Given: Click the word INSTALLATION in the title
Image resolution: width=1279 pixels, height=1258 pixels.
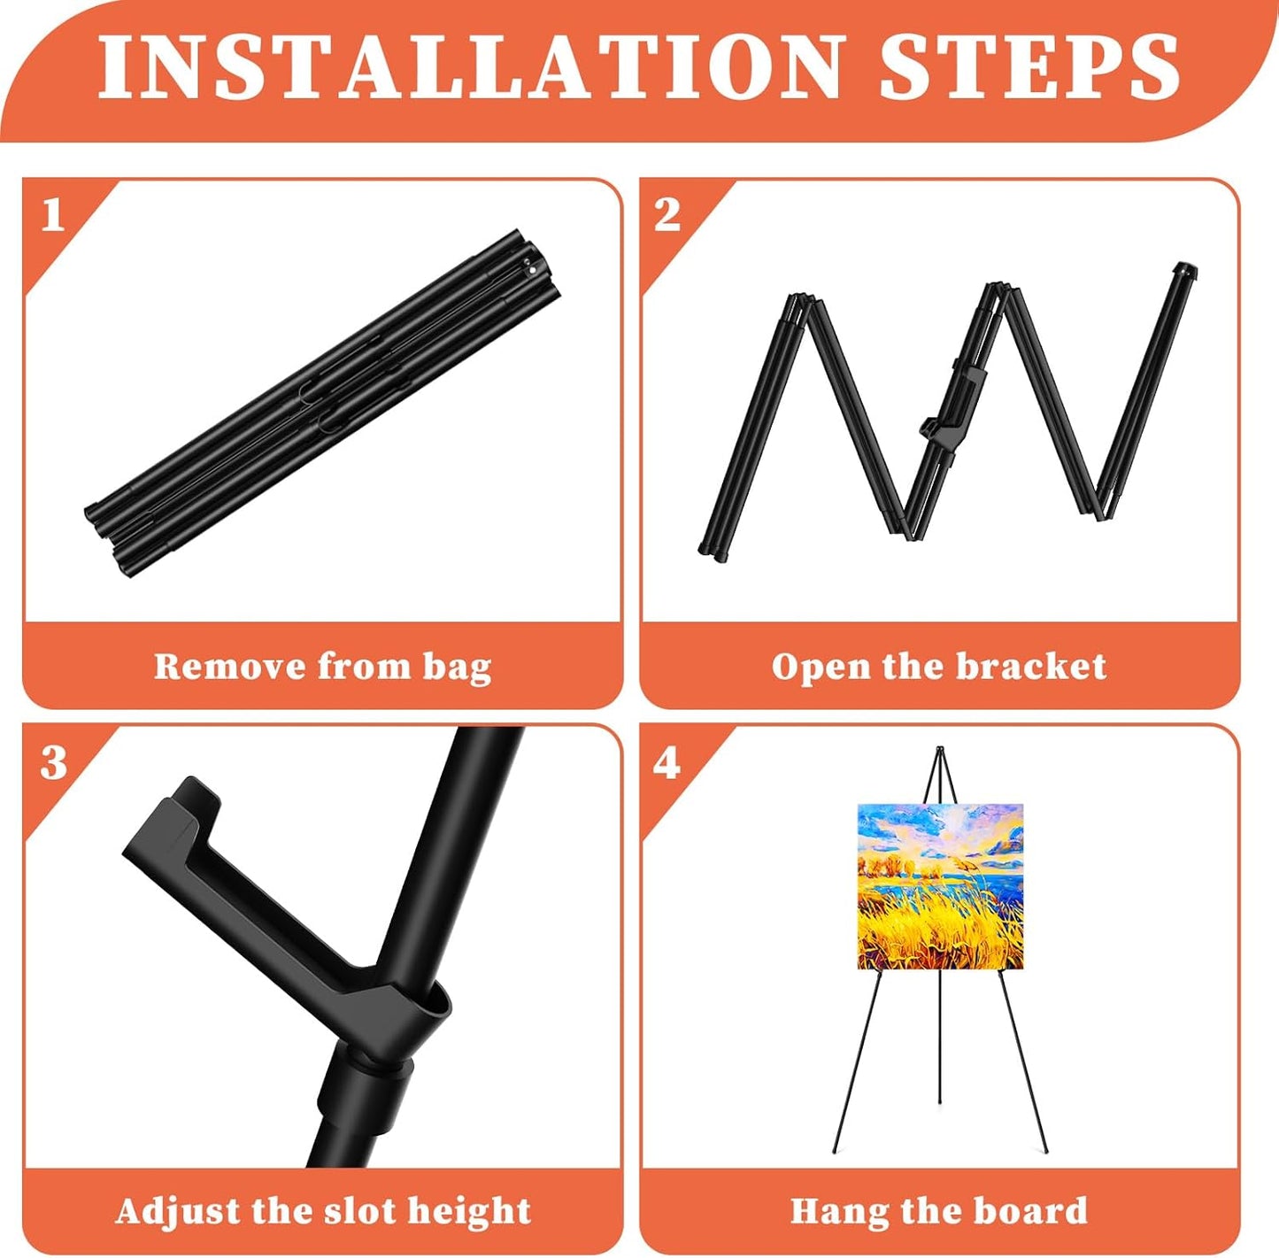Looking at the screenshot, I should (x=469, y=67).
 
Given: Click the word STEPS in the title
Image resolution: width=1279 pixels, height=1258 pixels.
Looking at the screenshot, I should (x=1029, y=67).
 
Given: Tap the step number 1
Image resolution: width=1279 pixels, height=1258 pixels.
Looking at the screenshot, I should (x=52, y=215).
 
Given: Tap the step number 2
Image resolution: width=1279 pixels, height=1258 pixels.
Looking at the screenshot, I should (x=667, y=215).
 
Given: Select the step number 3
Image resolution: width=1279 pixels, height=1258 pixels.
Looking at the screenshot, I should (x=53, y=762).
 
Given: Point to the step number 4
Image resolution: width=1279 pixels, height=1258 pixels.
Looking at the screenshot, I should (x=666, y=762).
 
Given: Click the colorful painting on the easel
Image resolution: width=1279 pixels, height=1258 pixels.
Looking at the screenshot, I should (x=940, y=886).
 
